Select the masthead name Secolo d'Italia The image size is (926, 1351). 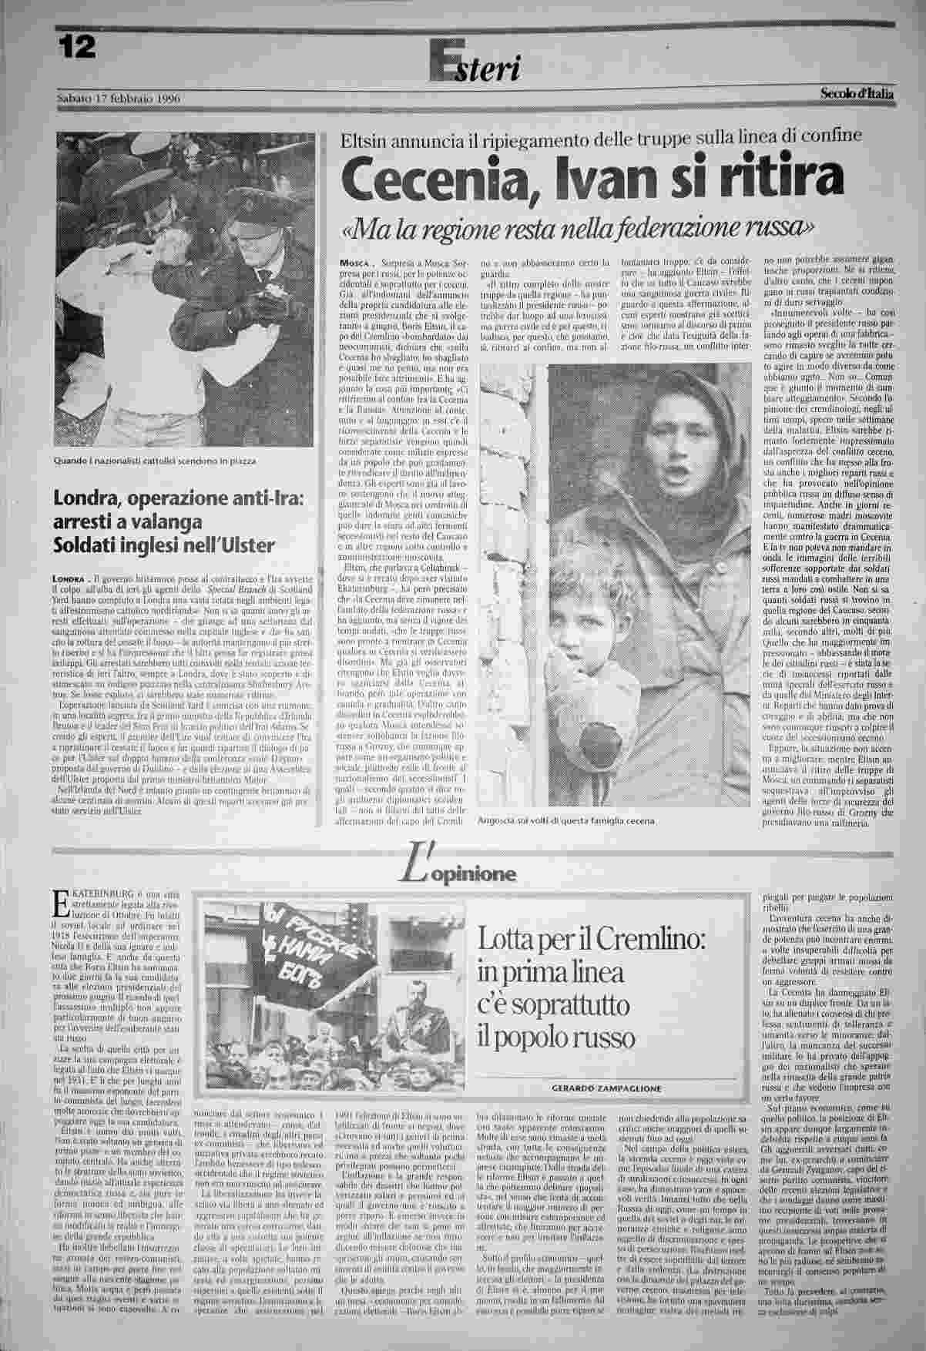click(857, 95)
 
